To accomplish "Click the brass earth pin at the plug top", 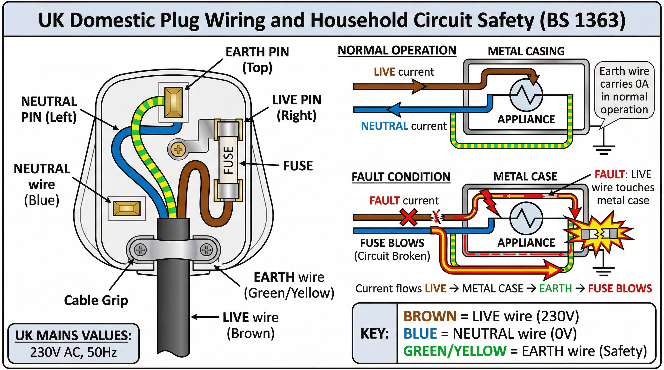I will click(x=173, y=102).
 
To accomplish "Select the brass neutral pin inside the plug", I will click(x=127, y=208).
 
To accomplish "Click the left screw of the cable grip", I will click(x=140, y=250).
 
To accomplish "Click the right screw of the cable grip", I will click(x=207, y=250).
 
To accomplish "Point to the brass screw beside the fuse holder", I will click(x=178, y=149).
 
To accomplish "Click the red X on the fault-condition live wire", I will click(x=408, y=218).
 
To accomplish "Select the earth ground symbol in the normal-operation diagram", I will click(x=603, y=149).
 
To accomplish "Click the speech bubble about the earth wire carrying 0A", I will click(x=624, y=90).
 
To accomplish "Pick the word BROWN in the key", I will click(x=430, y=316).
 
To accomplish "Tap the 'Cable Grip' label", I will click(x=96, y=300).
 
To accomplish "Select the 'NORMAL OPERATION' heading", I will click(x=397, y=50).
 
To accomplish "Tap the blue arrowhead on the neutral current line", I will click(x=394, y=109).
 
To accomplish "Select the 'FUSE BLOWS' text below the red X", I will click(x=392, y=243).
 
